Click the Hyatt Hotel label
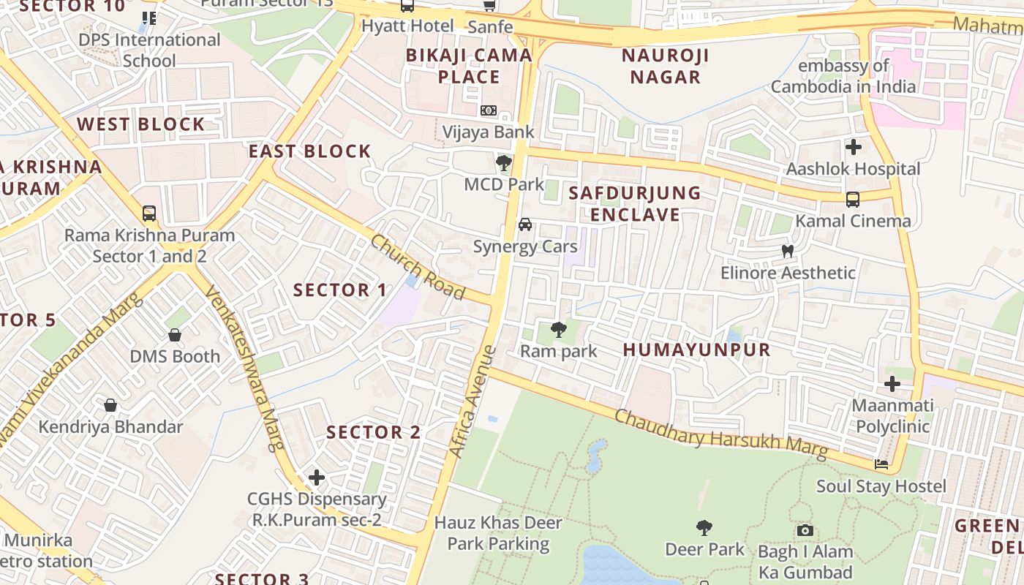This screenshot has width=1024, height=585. point(407,26)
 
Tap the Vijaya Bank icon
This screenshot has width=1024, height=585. point(489,110)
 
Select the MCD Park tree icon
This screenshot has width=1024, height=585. point(503,162)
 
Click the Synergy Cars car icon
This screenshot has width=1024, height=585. point(525,224)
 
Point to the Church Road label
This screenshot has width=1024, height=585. point(418,266)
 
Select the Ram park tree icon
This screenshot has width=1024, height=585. point(559,329)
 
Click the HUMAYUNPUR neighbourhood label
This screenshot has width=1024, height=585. point(697,350)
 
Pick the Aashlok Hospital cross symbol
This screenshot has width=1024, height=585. point(853,147)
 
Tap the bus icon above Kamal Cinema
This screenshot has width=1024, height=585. point(853,199)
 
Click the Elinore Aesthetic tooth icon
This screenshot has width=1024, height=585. point(788,251)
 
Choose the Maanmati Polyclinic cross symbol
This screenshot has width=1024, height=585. point(892,383)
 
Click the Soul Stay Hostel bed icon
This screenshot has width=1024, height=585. point(881,464)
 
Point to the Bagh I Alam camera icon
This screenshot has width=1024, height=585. point(805,530)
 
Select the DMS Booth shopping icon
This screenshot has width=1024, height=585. point(175,335)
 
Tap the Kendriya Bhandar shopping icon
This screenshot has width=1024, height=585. point(110,404)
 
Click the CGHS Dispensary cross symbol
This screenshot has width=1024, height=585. point(316,478)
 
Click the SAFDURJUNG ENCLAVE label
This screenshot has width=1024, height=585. point(635,204)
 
